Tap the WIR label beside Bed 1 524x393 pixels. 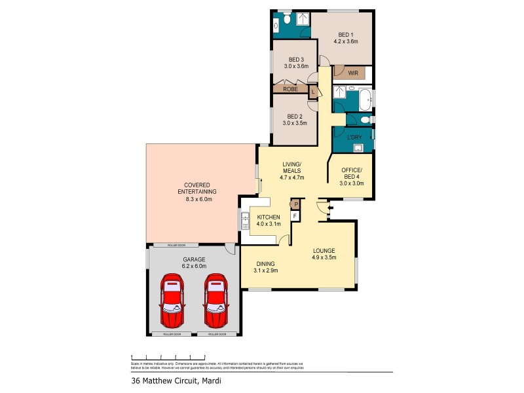click(x=352, y=73)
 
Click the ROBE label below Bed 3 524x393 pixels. click(x=291, y=88)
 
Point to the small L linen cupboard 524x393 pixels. click(x=314, y=91)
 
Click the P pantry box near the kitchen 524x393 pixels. click(x=295, y=204)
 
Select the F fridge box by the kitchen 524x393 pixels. click(x=295, y=215)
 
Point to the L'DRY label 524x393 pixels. click(x=353, y=138)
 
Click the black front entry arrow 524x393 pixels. click(x=330, y=210)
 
